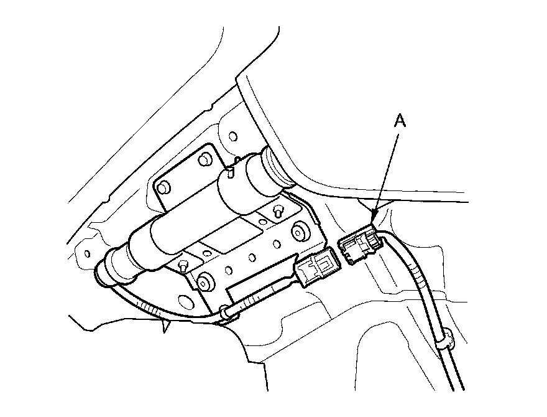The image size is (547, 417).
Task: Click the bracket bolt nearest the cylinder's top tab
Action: (203, 160)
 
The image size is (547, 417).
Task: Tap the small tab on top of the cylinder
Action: (231, 167)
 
